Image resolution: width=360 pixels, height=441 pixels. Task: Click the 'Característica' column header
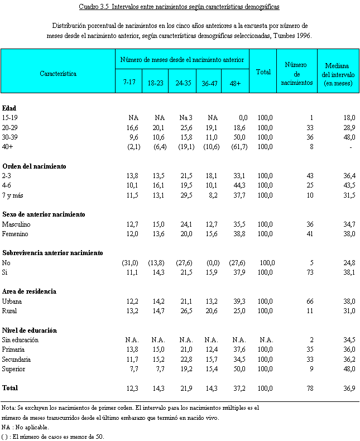click(x=58, y=73)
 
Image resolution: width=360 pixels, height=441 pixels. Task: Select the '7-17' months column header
click(x=129, y=83)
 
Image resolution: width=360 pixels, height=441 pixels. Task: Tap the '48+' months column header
click(x=235, y=83)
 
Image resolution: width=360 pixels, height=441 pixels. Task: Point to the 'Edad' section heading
click(x=9, y=108)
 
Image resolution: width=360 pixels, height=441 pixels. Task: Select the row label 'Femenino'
click(x=15, y=234)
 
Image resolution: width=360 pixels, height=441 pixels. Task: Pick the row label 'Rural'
click(x=10, y=311)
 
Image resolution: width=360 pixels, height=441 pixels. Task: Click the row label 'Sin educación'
click(x=20, y=340)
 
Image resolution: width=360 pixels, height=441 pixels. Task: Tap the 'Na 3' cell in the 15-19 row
click(x=186, y=118)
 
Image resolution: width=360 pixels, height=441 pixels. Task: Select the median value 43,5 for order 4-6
click(x=349, y=185)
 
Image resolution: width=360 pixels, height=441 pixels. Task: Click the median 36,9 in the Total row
click(x=349, y=387)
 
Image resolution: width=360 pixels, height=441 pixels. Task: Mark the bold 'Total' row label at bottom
click(x=11, y=387)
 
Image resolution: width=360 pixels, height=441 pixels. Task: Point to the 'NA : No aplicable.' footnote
click(x=26, y=427)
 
